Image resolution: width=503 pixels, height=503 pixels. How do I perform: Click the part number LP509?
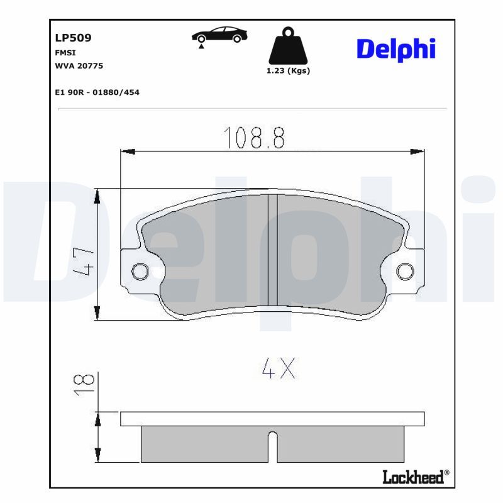[x=74, y=38]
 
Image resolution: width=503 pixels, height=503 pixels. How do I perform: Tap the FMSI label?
[x=65, y=53]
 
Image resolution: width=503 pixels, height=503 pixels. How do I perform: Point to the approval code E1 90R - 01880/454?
[x=97, y=92]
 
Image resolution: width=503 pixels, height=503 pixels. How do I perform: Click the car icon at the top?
[x=219, y=36]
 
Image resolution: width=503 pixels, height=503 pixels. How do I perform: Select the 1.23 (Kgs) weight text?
[x=288, y=71]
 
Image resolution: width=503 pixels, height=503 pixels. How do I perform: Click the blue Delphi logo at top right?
[x=396, y=48]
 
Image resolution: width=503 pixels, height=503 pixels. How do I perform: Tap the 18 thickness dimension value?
[x=86, y=384]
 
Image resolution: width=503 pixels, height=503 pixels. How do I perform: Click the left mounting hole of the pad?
[x=140, y=271]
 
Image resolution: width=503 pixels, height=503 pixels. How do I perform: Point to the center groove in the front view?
[x=273, y=251]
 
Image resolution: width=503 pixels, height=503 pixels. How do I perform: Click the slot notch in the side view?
[x=273, y=446]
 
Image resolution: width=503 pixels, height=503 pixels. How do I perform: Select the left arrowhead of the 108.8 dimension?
[x=128, y=152]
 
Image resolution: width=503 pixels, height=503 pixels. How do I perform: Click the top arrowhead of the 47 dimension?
[x=97, y=196]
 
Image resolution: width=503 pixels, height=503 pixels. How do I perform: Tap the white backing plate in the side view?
[x=272, y=419]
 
